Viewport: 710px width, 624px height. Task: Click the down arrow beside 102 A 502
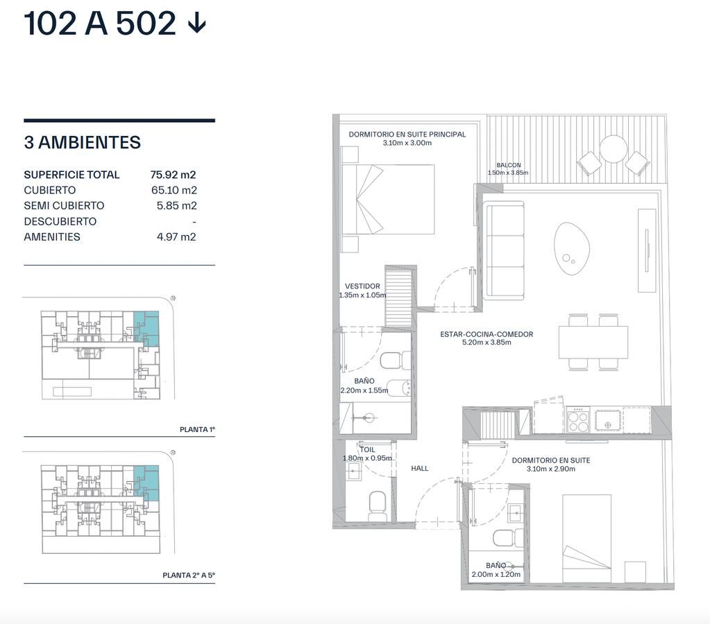pyautogui.click(x=197, y=23)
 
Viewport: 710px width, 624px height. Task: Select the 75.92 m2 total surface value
pyautogui.click(x=173, y=175)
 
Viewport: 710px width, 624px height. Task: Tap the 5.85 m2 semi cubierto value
pyautogui.click(x=176, y=205)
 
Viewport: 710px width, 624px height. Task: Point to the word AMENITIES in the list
pyautogui.click(x=52, y=236)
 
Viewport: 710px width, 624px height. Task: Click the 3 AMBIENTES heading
pyautogui.click(x=83, y=143)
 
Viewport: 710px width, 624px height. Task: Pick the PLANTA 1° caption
pyautogui.click(x=197, y=429)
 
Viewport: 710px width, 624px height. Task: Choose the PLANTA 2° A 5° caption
pyautogui.click(x=189, y=575)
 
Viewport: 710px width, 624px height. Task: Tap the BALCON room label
pyautogui.click(x=509, y=165)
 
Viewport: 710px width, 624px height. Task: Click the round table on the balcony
pyautogui.click(x=614, y=149)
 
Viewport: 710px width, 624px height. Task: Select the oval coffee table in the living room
pyautogui.click(x=572, y=248)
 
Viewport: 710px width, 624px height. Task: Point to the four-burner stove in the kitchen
pyautogui.click(x=578, y=420)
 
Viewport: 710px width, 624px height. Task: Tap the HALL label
pyautogui.click(x=420, y=468)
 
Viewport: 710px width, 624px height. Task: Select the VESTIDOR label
pyautogui.click(x=363, y=286)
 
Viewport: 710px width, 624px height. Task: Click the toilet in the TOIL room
pyautogui.click(x=378, y=506)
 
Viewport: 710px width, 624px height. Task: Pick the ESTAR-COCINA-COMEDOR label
pyautogui.click(x=487, y=334)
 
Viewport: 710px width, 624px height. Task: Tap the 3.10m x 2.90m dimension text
pyautogui.click(x=551, y=469)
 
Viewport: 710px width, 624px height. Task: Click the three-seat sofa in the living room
pyautogui.click(x=504, y=251)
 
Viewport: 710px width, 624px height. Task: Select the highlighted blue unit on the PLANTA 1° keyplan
pyautogui.click(x=147, y=328)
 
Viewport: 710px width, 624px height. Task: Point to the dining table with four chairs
pyautogui.click(x=593, y=342)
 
